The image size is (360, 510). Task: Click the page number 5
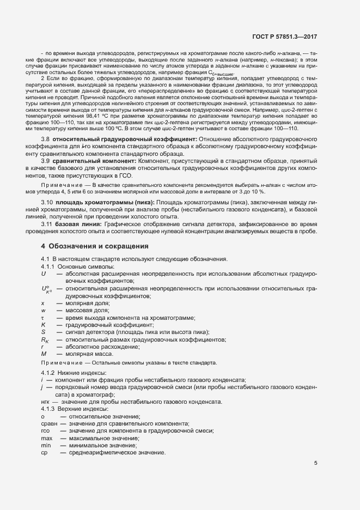315,463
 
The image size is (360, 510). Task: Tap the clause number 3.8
46,155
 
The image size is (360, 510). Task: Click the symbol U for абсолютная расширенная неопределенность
43,275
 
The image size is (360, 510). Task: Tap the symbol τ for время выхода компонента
42,317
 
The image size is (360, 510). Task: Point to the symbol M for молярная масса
43,353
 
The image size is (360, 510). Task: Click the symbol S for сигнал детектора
42,331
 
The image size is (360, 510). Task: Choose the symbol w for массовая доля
42,310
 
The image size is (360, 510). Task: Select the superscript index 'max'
47,438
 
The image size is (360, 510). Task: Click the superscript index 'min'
46,445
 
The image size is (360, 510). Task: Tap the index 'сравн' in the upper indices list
48,423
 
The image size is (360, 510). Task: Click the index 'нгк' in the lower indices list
45,402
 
